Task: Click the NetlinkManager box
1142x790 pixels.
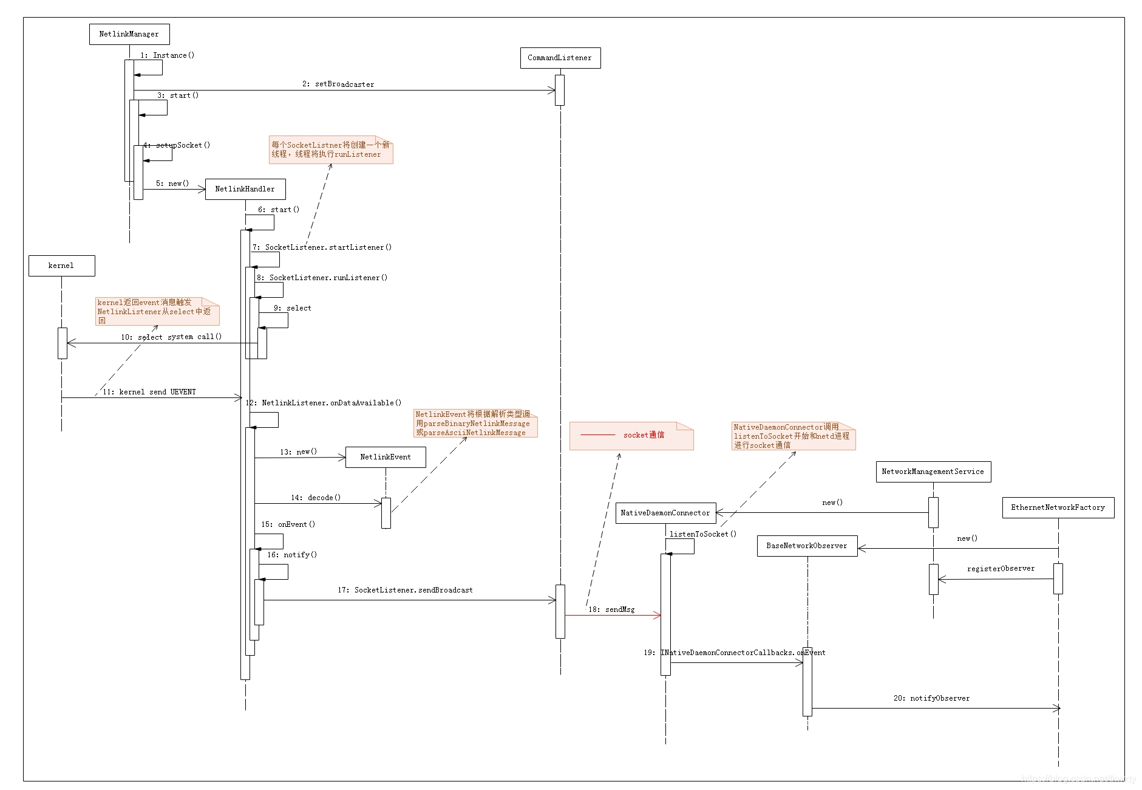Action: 129,34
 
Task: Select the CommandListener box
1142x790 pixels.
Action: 560,58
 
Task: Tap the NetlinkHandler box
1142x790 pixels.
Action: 245,189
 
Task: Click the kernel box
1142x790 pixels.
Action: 61,266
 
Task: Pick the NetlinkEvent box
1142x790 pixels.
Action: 386,457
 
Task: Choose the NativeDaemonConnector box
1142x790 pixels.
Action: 665,513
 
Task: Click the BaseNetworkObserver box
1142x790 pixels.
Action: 807,546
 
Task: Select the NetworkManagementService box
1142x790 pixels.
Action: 933,472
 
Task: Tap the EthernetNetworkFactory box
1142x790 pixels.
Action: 1058,507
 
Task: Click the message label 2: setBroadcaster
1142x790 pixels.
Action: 338,84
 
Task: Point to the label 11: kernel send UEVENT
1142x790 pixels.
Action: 149,392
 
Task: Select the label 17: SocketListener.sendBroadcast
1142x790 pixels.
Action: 405,590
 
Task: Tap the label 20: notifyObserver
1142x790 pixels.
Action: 931,698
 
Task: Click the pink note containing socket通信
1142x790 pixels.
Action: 631,436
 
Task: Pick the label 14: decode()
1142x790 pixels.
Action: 316,498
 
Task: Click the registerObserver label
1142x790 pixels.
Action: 1001,569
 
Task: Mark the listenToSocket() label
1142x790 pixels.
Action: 703,534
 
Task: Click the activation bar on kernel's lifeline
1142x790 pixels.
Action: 63,343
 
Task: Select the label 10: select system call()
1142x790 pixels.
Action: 171,337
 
